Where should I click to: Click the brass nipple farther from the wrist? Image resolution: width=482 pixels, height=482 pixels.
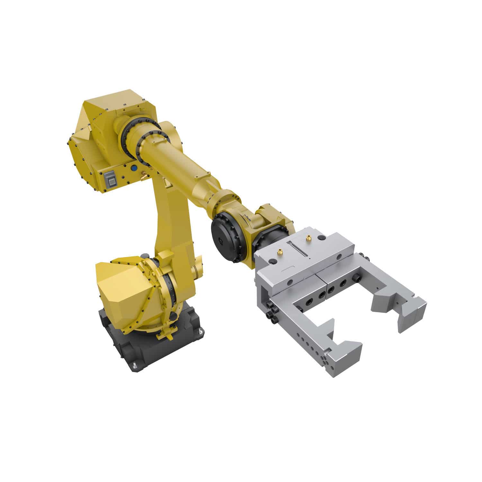[309, 238]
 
